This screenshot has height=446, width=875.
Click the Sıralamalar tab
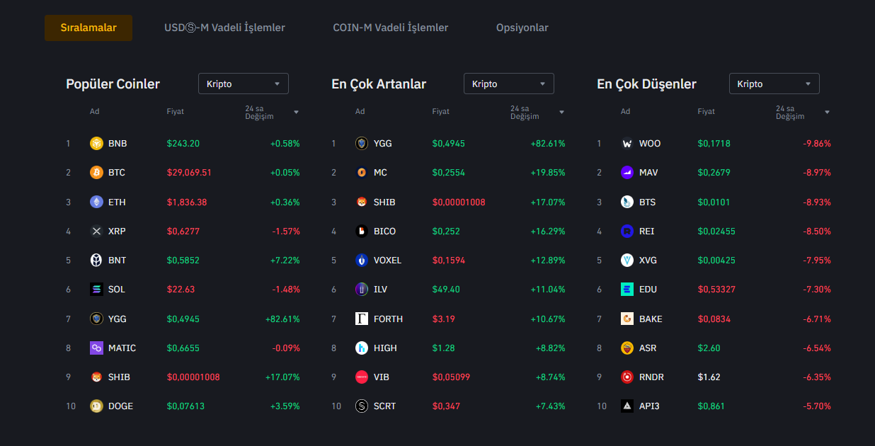point(88,28)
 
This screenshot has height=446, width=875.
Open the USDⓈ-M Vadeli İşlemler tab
point(224,28)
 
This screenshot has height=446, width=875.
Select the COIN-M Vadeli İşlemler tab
point(390,28)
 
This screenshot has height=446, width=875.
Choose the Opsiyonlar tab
point(522,28)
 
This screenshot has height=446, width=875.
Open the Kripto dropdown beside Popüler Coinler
point(243,84)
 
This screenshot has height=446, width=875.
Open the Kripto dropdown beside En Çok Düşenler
point(774,84)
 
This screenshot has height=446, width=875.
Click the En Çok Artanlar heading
point(379,84)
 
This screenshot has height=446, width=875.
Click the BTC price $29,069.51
point(189,173)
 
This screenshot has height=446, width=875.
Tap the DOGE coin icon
point(96,406)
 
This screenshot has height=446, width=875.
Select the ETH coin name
point(117,202)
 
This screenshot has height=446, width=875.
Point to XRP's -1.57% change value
point(286,231)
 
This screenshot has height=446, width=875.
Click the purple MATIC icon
point(96,348)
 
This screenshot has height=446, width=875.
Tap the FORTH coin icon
point(362,319)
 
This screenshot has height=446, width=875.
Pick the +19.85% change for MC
point(548,173)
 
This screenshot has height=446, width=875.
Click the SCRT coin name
point(384,406)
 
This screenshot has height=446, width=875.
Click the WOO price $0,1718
point(714,144)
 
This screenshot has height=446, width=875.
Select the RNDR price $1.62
point(709,377)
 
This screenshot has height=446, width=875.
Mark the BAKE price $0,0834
point(714,319)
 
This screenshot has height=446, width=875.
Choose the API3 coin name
point(649,406)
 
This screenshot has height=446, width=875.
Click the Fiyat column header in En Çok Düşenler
point(706,112)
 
